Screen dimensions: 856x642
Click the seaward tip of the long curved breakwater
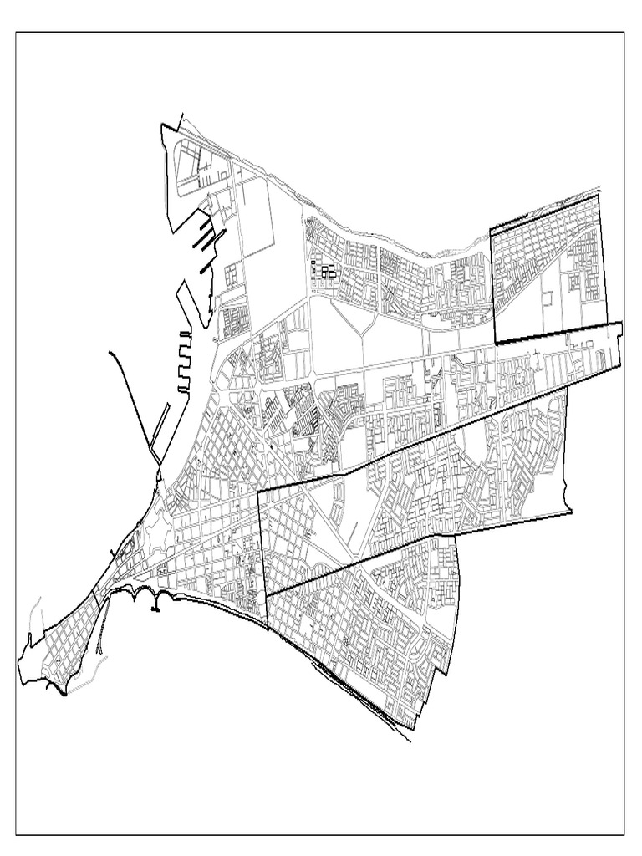[110, 354]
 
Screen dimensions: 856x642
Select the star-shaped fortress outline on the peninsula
[125, 553]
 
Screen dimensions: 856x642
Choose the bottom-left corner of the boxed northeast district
[496, 342]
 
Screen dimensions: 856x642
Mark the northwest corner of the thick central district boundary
[257, 492]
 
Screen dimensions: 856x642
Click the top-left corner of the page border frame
[16, 33]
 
